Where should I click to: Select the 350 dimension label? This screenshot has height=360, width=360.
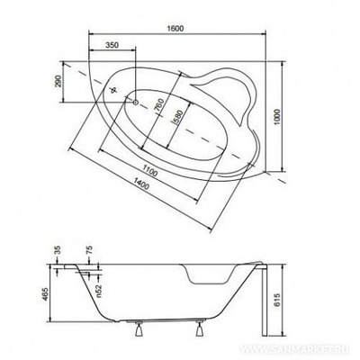point(112,45)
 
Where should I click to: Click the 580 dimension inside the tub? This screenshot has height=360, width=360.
point(178,118)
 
